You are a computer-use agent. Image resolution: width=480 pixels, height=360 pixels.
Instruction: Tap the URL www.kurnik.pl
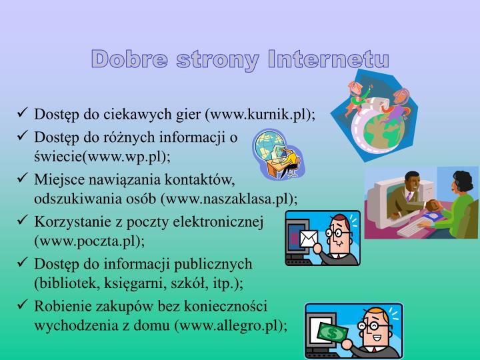point(267,114)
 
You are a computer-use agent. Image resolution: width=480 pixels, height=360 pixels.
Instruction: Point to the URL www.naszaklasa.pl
point(233,199)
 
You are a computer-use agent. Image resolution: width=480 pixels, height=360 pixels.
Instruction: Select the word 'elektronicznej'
point(224,220)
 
